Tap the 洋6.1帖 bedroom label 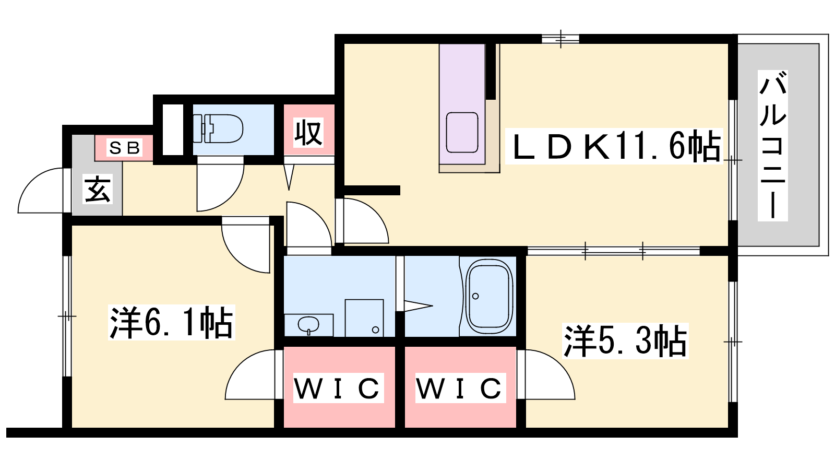172,322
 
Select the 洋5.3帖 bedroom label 625,342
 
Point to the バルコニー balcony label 773,146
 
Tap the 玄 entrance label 97,190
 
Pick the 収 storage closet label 308,133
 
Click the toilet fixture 218,128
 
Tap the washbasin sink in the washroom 308,325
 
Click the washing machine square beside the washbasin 364,318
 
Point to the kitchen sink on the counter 462,133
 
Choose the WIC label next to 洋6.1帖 338,388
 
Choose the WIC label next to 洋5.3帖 460,388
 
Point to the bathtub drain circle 475,296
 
